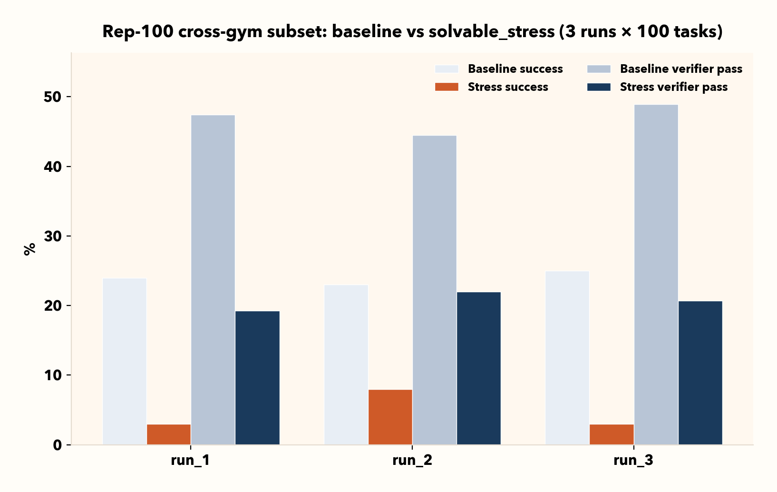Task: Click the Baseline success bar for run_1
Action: click(125, 362)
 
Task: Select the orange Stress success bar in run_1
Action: click(169, 434)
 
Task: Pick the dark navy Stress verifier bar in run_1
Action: click(257, 378)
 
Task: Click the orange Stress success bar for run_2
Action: click(390, 417)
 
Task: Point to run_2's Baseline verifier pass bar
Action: click(435, 290)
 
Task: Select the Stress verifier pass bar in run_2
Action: click(479, 368)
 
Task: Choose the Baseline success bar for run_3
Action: click(567, 358)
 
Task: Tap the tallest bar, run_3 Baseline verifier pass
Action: click(656, 275)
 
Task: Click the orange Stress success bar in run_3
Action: click(612, 434)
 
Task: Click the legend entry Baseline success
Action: click(515, 69)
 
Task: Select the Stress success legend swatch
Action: click(447, 87)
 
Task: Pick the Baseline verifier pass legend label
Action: click(681, 69)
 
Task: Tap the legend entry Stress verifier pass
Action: click(673, 87)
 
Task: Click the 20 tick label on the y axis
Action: click(53, 305)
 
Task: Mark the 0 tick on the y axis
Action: click(58, 445)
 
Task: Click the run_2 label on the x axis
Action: click(412, 460)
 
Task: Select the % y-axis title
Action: click(29, 249)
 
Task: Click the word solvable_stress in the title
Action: click(491, 32)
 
